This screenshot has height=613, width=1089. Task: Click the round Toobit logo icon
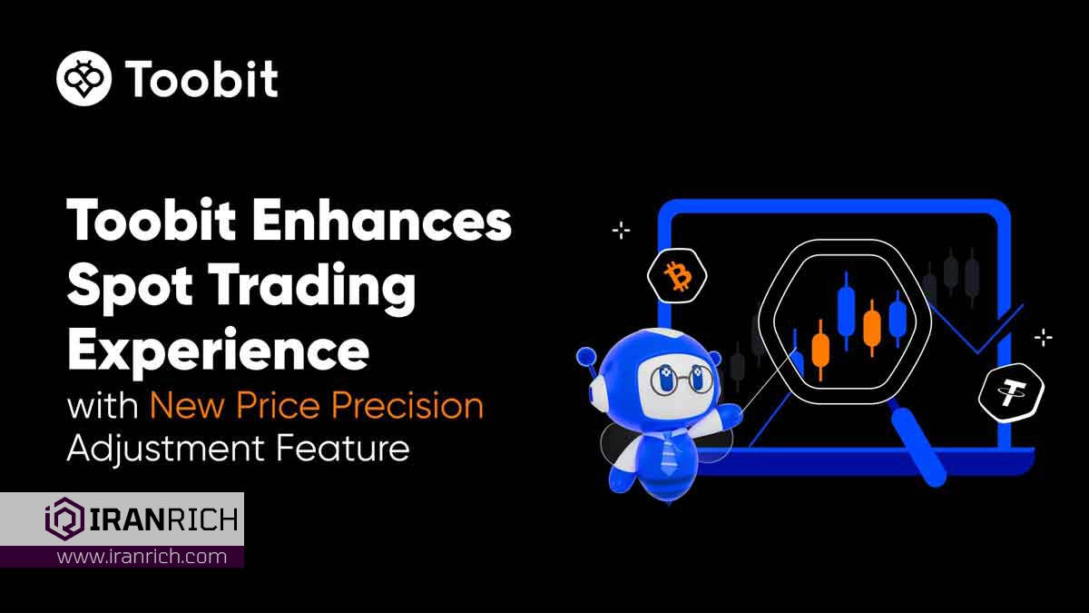83,78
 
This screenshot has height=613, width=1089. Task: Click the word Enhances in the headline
382,221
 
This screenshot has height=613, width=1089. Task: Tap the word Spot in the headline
130,286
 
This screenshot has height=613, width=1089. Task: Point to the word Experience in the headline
219,351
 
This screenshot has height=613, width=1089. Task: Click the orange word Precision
407,405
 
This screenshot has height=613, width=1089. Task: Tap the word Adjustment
166,449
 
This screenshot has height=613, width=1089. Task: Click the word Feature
343,448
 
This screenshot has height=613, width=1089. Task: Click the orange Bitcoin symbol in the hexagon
678,276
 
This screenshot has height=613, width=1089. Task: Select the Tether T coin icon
1011,393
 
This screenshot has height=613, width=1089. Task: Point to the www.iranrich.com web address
142,556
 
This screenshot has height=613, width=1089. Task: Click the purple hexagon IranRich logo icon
64,519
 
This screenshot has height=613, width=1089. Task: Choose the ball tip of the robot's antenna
586,357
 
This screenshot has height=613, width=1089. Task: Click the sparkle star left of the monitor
621,230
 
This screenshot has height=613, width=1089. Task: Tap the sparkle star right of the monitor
1044,337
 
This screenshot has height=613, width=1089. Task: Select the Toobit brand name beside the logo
201,79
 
